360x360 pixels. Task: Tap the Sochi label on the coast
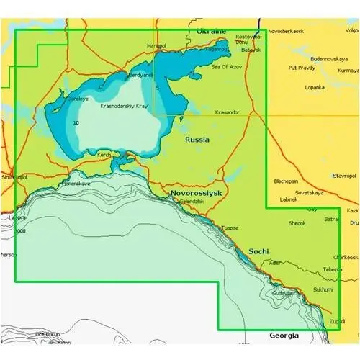(258, 251)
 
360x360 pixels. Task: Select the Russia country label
(197, 140)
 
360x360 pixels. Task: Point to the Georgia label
(283, 336)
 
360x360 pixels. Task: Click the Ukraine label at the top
(211, 32)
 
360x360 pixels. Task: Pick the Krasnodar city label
(228, 113)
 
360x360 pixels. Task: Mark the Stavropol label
(344, 175)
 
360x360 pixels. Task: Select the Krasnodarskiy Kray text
(124, 105)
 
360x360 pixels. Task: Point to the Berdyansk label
(140, 75)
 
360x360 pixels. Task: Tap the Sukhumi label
(323, 289)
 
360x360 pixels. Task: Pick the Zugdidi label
(336, 320)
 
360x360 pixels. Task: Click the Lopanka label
(315, 87)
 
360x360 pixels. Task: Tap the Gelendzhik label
(192, 202)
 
